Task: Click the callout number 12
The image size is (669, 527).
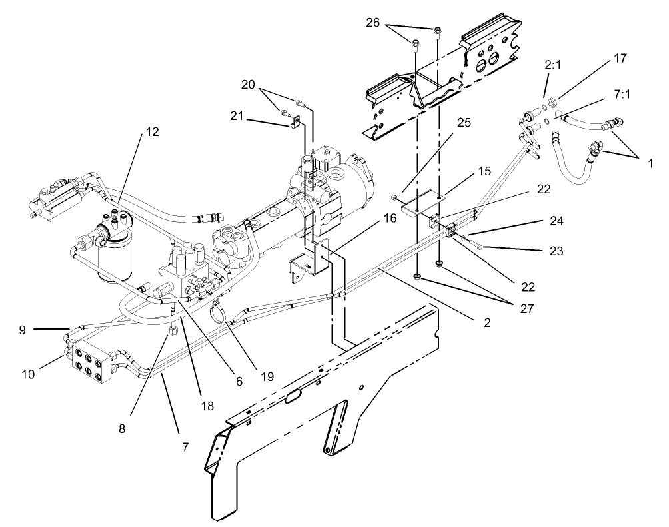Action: [x=153, y=132]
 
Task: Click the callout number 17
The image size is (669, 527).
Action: [x=620, y=58]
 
